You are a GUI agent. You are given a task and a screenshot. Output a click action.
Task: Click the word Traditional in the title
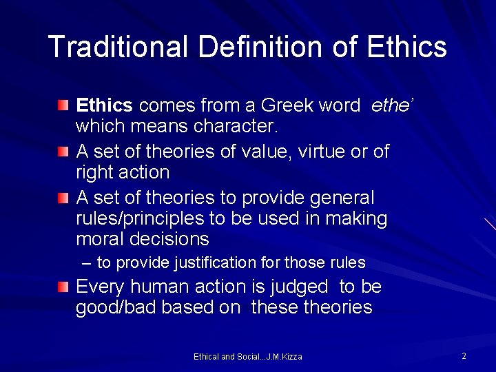pyautogui.click(x=118, y=47)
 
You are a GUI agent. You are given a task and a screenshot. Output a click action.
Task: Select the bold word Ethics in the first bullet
pyautogui.click(x=104, y=105)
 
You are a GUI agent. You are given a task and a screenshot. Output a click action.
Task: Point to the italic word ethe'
pyautogui.click(x=392, y=105)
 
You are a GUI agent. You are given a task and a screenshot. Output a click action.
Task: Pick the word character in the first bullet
pyautogui.click(x=234, y=127)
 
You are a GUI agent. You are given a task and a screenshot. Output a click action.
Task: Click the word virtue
pyautogui.click(x=318, y=151)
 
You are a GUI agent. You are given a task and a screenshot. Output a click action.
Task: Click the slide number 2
pyautogui.click(x=464, y=356)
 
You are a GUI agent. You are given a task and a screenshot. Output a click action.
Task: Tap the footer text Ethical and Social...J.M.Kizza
pyautogui.click(x=248, y=357)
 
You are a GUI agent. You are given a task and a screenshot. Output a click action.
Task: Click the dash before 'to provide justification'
pyautogui.click(x=86, y=263)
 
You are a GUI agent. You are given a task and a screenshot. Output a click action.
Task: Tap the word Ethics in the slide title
pyautogui.click(x=407, y=47)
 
